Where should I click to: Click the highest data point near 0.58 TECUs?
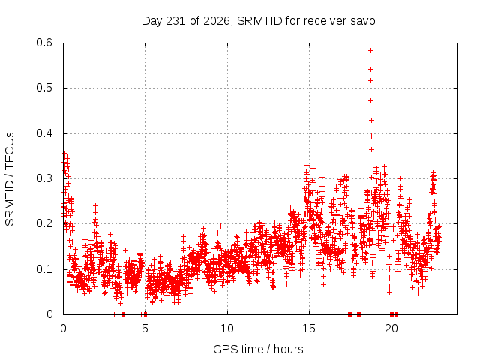(370, 50)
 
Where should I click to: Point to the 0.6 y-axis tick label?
(44, 43)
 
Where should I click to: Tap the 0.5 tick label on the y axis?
(44, 88)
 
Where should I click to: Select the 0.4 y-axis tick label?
(44, 133)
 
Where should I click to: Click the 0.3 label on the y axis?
(44, 178)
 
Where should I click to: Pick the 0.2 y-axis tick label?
(44, 223)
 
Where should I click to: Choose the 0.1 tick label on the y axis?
(44, 269)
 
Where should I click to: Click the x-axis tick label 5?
(145, 328)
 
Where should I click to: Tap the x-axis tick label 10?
(227, 328)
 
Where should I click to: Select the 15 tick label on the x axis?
(309, 328)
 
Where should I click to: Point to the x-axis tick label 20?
(391, 328)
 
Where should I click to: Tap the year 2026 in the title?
(217, 21)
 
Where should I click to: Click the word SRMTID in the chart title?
(259, 21)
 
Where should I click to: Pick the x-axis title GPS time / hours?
(258, 349)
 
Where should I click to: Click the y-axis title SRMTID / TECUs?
(10, 179)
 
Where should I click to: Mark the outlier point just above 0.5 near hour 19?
(370, 81)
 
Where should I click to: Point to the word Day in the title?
(152, 21)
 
